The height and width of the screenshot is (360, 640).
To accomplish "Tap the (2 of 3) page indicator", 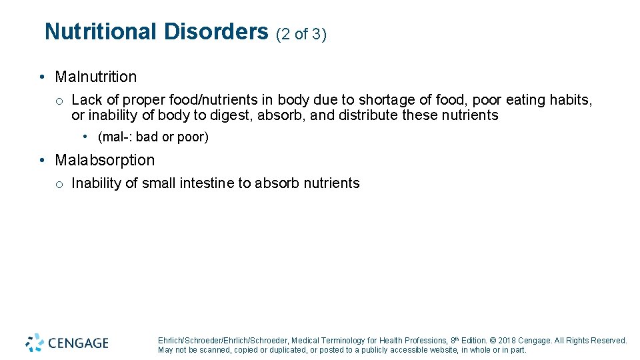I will [301, 34].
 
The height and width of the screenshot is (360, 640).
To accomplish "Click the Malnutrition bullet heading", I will [95, 77].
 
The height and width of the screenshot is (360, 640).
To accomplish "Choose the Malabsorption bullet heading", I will [105, 160].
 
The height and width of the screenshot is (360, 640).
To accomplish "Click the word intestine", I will [207, 183].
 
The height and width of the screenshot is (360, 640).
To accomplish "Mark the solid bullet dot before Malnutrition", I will [42, 77].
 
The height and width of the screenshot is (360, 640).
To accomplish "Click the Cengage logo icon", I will [35, 342].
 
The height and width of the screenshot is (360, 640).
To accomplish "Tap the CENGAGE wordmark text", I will [78, 343].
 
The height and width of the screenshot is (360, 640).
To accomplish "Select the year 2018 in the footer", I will [507, 340].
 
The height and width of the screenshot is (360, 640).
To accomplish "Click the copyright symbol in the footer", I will [492, 340].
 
